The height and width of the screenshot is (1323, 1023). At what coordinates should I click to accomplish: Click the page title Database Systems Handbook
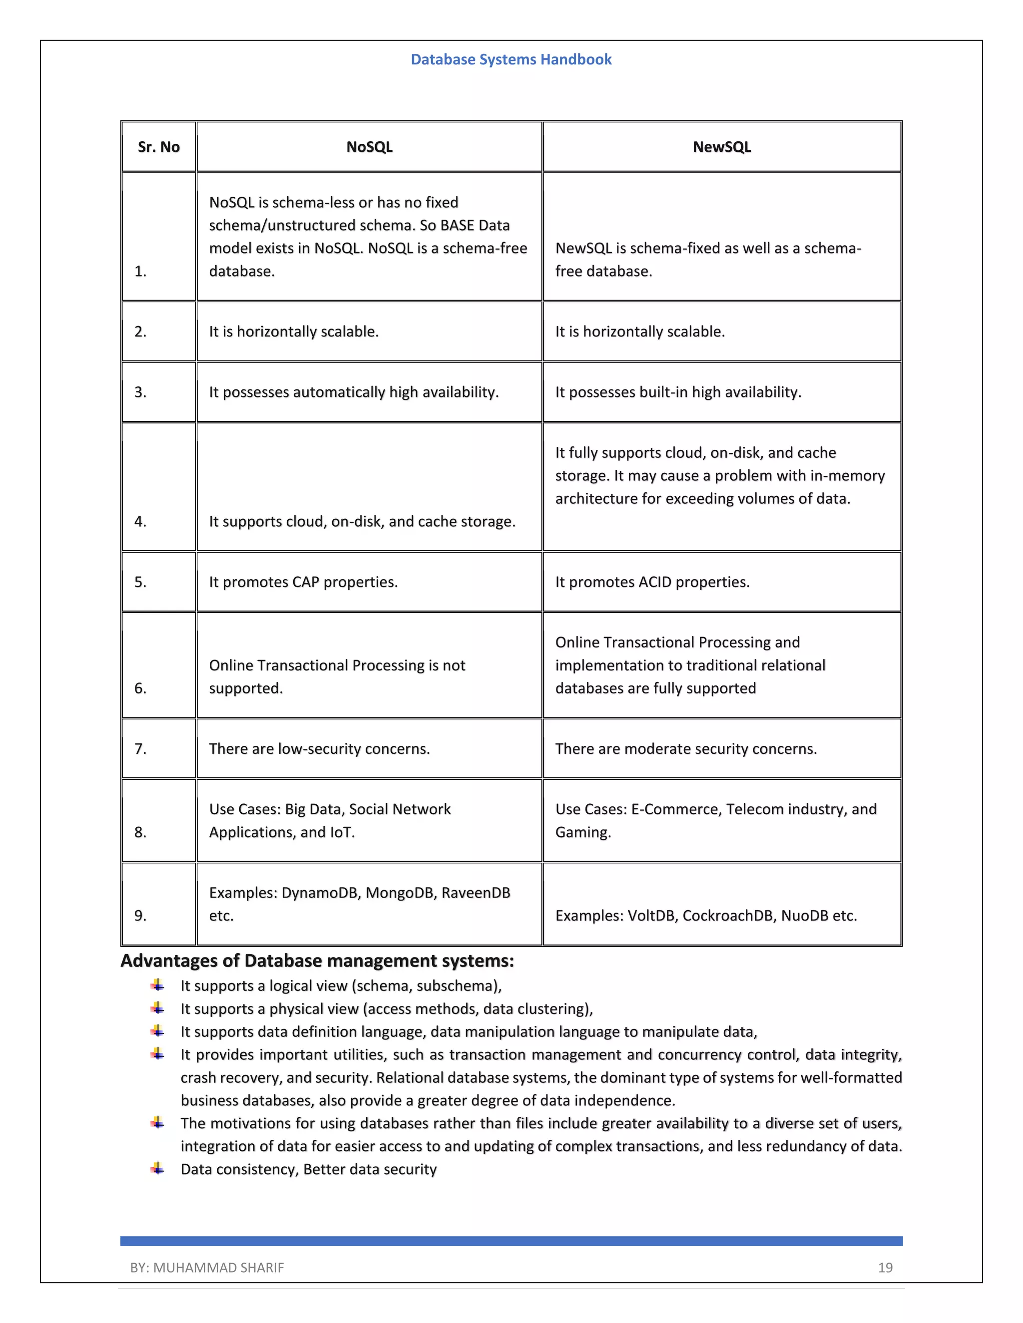pyautogui.click(x=511, y=59)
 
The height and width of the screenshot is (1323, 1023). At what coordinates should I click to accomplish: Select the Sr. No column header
pyautogui.click(x=159, y=147)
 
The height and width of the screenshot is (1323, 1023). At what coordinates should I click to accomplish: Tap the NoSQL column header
pyautogui.click(x=369, y=147)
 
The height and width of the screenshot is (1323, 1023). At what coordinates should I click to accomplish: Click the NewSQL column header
pyautogui.click(x=722, y=147)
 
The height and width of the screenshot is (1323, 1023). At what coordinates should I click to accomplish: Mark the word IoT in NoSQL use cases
pyautogui.click(x=341, y=832)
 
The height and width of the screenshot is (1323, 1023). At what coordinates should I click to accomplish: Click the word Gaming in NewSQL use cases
pyautogui.click(x=582, y=832)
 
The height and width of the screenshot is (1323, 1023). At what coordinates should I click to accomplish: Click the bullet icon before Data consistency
pyautogui.click(x=157, y=1169)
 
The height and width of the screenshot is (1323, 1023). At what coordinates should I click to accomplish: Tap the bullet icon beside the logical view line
pyautogui.click(x=157, y=986)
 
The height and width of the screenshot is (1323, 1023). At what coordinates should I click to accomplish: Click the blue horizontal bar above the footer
pyautogui.click(x=511, y=1241)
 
